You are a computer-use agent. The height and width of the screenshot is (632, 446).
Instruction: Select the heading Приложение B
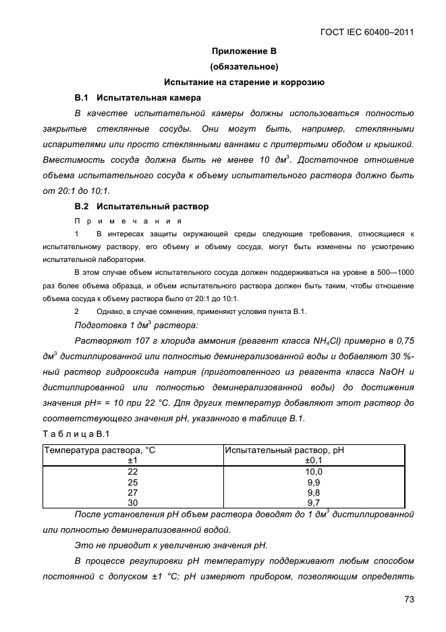244,51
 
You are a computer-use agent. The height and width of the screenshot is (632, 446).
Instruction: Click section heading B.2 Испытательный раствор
142,206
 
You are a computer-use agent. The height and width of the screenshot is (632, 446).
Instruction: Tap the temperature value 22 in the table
132,471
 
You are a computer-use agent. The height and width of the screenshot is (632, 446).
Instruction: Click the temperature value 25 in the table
132,482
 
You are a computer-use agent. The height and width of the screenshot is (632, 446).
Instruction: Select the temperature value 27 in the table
132,492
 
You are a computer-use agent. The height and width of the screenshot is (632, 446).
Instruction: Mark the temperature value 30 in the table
132,502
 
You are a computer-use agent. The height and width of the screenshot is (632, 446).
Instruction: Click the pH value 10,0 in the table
314,471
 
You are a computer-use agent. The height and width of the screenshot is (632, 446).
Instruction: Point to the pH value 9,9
314,482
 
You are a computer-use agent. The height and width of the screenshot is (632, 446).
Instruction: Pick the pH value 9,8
314,492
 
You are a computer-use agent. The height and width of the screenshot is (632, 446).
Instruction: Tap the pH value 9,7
314,502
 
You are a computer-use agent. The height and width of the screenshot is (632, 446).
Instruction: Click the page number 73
409,599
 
